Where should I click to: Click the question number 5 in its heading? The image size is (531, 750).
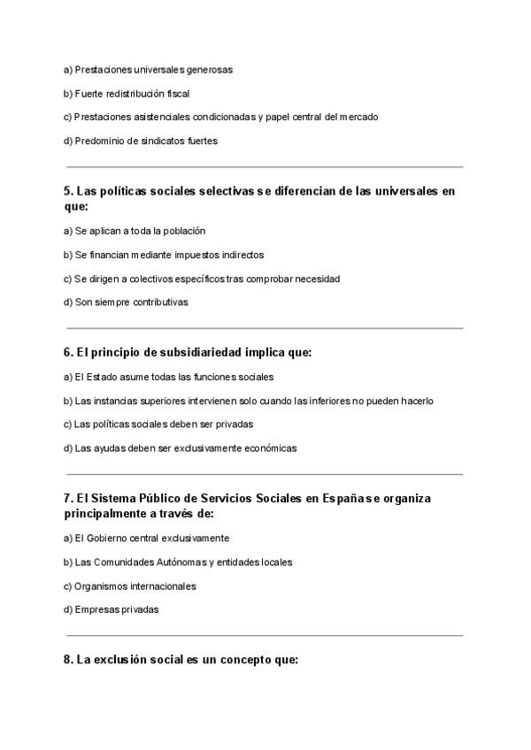[x=68, y=191]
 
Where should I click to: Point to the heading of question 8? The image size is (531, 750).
[x=181, y=659]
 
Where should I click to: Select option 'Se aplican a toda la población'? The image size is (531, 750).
[x=134, y=231]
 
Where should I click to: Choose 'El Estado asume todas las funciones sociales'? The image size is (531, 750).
[x=168, y=377]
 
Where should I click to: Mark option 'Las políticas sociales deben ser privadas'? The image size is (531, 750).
[x=158, y=425]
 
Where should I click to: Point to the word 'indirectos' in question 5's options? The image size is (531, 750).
[x=240, y=255]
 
